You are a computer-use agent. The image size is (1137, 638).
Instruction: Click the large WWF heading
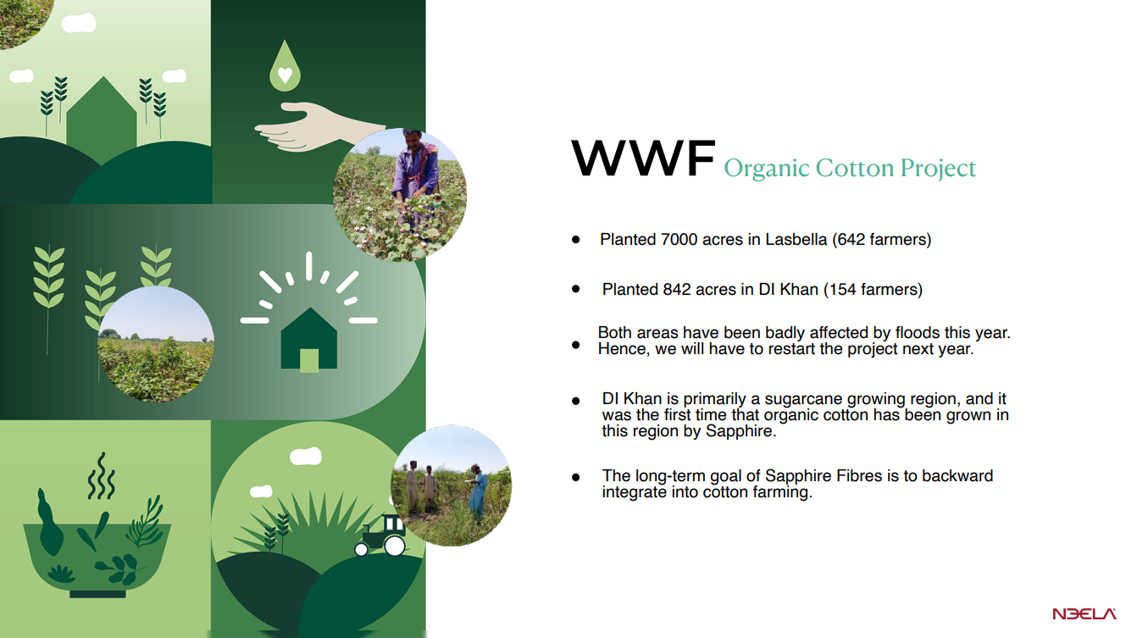pos(643,158)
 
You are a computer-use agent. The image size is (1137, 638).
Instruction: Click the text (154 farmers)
pos(873,289)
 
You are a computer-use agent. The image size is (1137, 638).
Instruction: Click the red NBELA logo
pos(1084,614)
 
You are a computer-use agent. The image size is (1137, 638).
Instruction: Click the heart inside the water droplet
pos(285,75)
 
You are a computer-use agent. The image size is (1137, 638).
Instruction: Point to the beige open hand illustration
pos(317,127)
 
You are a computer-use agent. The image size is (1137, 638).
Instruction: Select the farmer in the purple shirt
pos(415,178)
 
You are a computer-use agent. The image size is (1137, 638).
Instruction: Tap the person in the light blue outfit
pos(477,491)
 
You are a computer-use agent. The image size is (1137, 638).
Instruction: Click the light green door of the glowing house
pos(308,360)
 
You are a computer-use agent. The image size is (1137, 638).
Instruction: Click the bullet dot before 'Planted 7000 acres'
pos(575,240)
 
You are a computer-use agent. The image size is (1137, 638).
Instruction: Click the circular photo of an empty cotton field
pos(156,344)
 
